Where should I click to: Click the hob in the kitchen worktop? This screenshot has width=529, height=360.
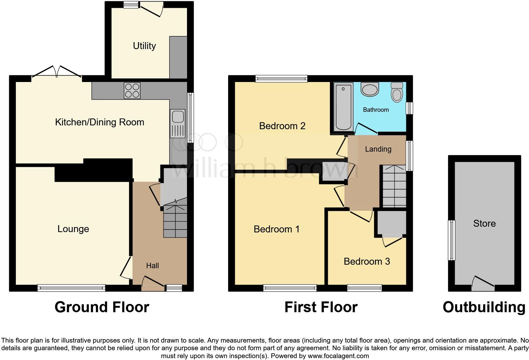tap(132, 91)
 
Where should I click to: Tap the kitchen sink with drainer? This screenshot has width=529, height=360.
tap(177, 123)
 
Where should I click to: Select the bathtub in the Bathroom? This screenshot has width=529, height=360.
tap(343, 107)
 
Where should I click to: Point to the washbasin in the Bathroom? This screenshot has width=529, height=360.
tap(370, 89)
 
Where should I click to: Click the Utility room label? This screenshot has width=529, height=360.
tap(144, 46)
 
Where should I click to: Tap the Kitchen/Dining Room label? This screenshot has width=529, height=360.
tap(99, 122)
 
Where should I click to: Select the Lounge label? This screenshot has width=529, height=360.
tap(73, 229)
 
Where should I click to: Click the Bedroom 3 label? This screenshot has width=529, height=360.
tap(367, 262)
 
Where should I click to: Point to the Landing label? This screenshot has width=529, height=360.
tap(378, 149)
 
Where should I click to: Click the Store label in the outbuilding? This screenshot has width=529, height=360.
tap(484, 224)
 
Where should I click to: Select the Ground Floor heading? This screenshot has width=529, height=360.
tap(102, 307)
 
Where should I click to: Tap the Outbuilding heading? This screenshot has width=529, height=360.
tap(484, 307)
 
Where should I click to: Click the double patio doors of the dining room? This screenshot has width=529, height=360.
tap(57, 72)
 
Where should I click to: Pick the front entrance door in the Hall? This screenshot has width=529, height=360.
tap(153, 284)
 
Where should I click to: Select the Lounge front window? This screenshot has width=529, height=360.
tap(71, 288)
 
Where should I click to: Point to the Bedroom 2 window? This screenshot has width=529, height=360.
tap(281, 79)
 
